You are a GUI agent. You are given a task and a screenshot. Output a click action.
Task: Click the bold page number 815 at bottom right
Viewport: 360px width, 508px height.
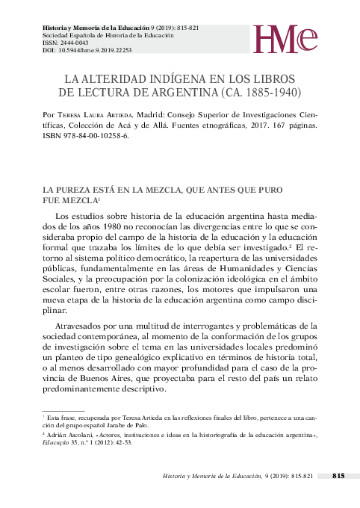(338, 475)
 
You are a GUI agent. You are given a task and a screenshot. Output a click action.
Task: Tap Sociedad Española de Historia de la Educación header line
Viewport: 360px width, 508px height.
(107, 35)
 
